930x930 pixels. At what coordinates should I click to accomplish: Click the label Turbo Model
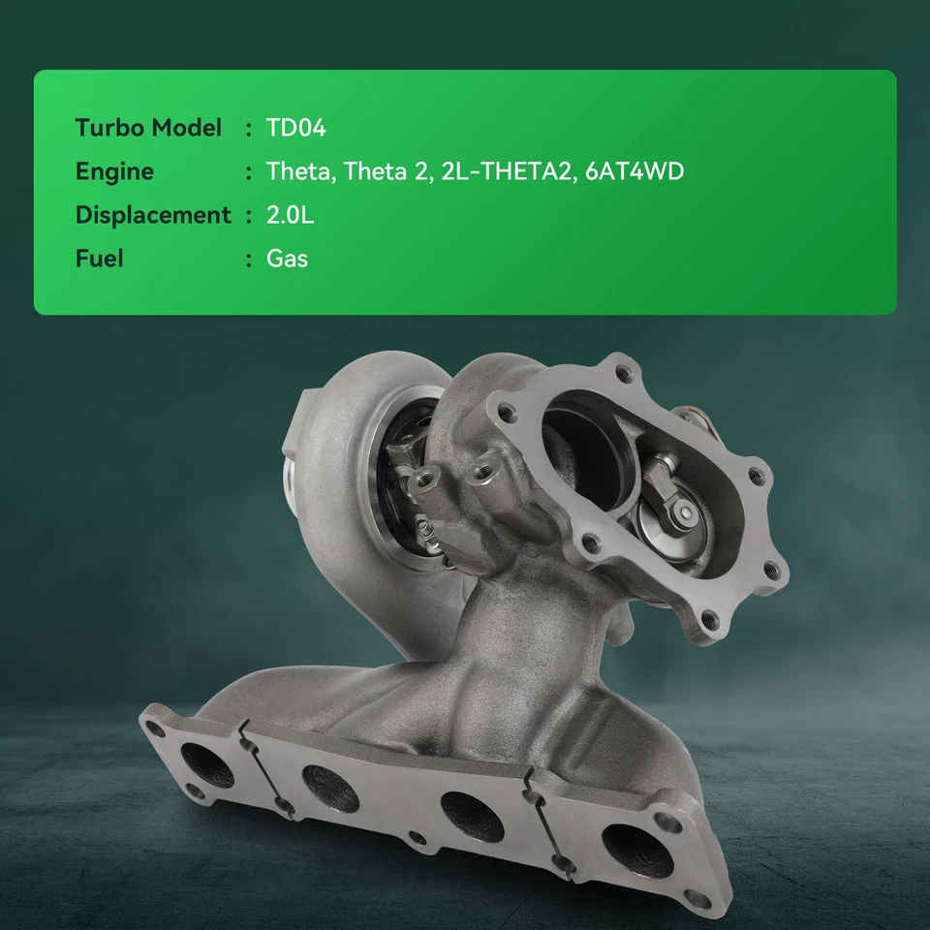(x=148, y=128)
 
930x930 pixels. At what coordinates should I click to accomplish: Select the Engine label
(x=114, y=171)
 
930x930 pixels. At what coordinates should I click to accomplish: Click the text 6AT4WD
(x=635, y=171)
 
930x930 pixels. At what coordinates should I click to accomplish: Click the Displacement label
(x=153, y=215)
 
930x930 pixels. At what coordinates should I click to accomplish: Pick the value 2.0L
(x=290, y=215)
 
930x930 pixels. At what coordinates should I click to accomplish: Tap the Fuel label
(x=100, y=259)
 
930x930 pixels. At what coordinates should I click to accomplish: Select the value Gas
(x=287, y=259)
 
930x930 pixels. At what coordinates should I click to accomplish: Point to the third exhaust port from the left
(x=472, y=816)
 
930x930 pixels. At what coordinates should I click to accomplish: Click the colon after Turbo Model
(x=249, y=129)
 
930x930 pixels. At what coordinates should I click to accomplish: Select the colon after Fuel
(x=249, y=260)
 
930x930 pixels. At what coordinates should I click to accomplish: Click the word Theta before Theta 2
(x=298, y=171)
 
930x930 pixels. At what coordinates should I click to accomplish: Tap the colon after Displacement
(x=249, y=216)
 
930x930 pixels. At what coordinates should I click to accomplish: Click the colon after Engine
(x=249, y=172)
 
